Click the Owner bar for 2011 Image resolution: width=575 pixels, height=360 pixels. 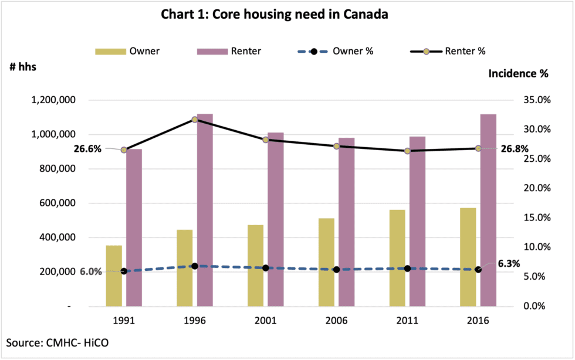pos(397,257)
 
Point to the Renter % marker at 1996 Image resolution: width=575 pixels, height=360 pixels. pos(195,120)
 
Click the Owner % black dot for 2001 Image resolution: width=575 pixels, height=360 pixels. pos(266,268)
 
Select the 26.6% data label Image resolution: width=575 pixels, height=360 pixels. pos(88,149)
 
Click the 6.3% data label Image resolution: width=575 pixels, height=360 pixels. pos(509,264)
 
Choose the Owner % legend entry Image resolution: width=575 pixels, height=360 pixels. pos(339,51)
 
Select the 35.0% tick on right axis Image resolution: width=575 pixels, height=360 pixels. pos(536,100)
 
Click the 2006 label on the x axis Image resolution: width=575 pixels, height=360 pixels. pos(336,321)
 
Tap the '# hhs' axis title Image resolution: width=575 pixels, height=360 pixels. pos(23,66)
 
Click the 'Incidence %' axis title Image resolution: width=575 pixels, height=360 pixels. pos(518,74)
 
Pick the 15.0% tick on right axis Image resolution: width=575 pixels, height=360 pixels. pos(536,218)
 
